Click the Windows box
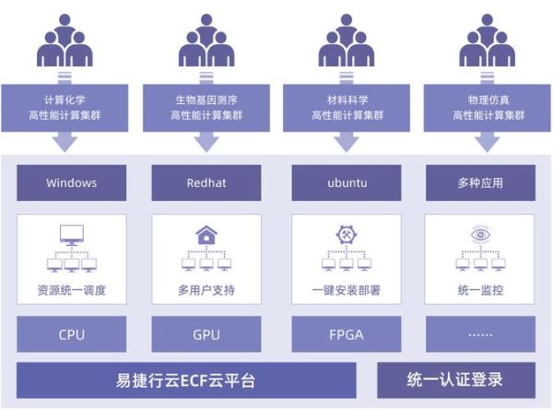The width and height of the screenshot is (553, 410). pyautogui.click(x=71, y=182)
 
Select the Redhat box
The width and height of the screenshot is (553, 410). pyautogui.click(x=206, y=182)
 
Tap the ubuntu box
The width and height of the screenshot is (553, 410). pyautogui.click(x=347, y=182)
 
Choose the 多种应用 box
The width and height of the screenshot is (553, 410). pyautogui.click(x=479, y=182)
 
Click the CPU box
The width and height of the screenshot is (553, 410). pyautogui.click(x=71, y=334)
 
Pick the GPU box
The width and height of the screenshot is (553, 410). pyautogui.click(x=206, y=334)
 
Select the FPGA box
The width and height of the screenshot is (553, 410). pyautogui.click(x=347, y=334)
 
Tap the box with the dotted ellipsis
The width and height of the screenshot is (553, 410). pyautogui.click(x=479, y=334)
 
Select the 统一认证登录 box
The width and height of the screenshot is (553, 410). pyautogui.click(x=455, y=380)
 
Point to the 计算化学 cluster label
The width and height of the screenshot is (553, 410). pyautogui.click(x=65, y=107)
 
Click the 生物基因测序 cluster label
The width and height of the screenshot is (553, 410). pyautogui.click(x=206, y=107)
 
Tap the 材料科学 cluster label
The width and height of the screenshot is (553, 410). pyautogui.click(x=347, y=107)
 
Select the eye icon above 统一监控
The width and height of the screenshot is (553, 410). pyautogui.click(x=479, y=235)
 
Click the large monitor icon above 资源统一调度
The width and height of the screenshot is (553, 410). pyautogui.click(x=71, y=236)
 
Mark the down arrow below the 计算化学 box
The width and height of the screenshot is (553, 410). pyautogui.click(x=65, y=141)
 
